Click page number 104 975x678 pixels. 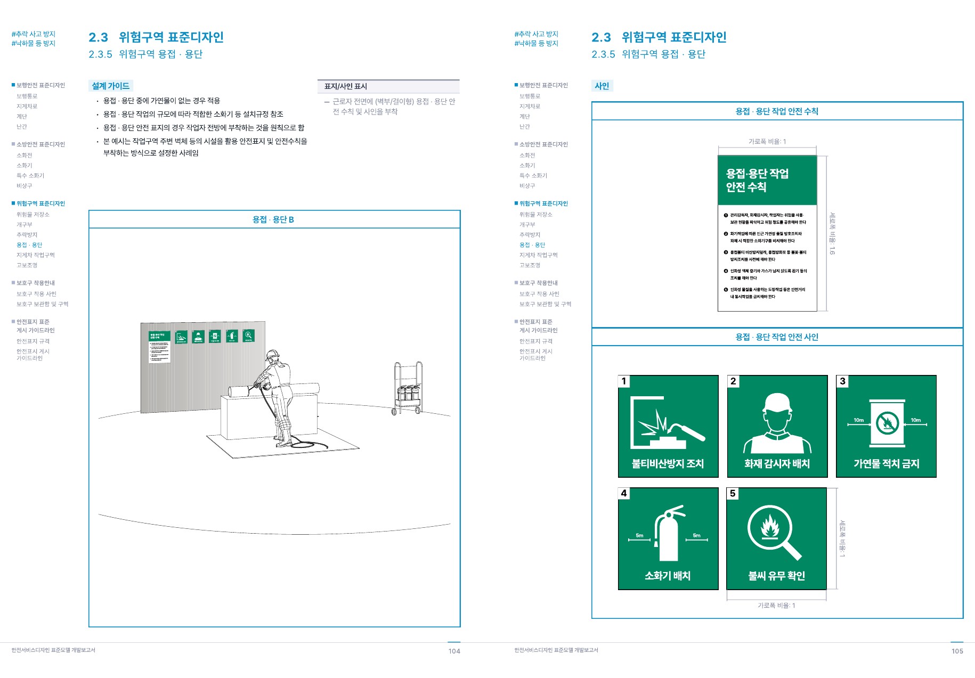454,651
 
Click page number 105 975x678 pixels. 957,651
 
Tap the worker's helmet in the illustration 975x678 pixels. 273,354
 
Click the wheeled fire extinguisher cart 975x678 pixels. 408,388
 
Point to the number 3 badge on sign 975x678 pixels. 842,381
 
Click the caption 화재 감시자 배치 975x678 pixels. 777,463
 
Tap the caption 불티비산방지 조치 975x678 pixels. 668,463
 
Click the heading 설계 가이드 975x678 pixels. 110,86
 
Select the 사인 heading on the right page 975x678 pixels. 602,86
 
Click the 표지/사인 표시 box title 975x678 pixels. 346,86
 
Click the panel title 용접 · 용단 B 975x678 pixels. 273,219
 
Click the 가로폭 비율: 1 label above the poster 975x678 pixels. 767,141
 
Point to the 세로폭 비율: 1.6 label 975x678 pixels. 832,233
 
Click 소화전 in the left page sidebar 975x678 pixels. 25,156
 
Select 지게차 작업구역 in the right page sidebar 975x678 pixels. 538,255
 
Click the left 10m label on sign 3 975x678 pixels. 858,420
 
